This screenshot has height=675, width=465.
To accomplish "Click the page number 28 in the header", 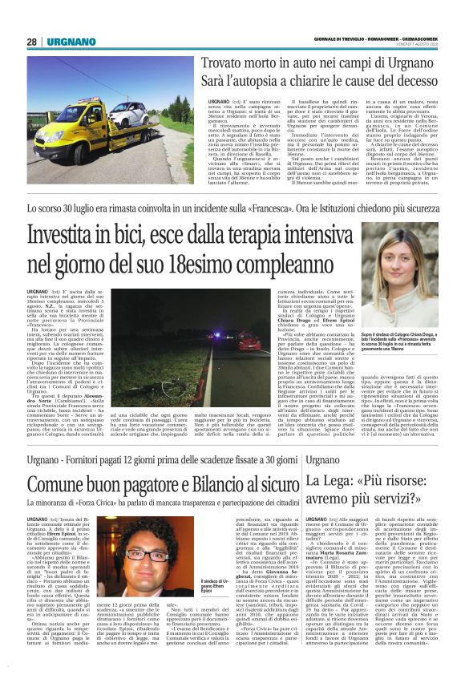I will point(32,41).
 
